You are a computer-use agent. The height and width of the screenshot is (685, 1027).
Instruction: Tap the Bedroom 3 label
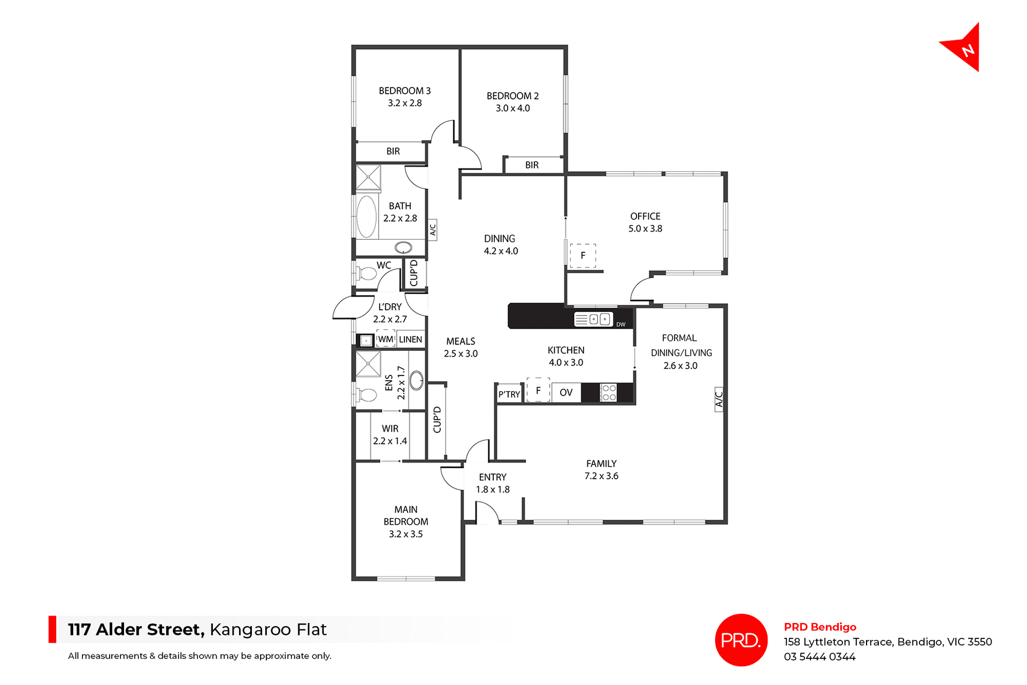point(404,91)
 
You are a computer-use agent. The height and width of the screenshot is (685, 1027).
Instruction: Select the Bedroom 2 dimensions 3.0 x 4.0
point(512,108)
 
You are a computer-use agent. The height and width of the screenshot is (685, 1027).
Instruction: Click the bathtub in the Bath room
point(366,216)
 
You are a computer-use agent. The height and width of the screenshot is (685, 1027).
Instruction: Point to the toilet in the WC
point(367,274)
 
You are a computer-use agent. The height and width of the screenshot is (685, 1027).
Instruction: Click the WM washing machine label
point(386,339)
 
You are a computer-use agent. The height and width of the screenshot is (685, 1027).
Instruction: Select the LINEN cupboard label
point(410,339)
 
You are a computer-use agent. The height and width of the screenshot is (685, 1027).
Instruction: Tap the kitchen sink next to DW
point(593,319)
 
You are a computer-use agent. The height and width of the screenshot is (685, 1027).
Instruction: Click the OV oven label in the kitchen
point(566,392)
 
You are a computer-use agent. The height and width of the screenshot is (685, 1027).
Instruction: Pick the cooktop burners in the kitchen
point(609,392)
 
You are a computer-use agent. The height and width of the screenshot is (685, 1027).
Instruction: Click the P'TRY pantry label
point(509,394)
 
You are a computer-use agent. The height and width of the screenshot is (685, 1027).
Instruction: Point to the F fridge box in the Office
point(583,256)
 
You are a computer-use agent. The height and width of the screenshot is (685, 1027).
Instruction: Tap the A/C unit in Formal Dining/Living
point(719,399)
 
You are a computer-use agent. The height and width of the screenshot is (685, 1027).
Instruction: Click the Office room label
point(645,216)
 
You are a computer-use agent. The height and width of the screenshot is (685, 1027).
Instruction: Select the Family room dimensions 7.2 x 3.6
point(601,476)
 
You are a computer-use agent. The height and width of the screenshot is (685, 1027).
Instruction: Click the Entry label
point(493,477)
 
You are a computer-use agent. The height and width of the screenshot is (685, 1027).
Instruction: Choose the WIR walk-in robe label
point(390,428)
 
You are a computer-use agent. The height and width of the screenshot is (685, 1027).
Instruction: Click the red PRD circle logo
point(741,640)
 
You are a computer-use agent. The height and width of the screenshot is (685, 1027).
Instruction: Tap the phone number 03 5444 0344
point(819,657)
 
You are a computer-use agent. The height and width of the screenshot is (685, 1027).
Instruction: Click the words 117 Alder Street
point(136,629)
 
